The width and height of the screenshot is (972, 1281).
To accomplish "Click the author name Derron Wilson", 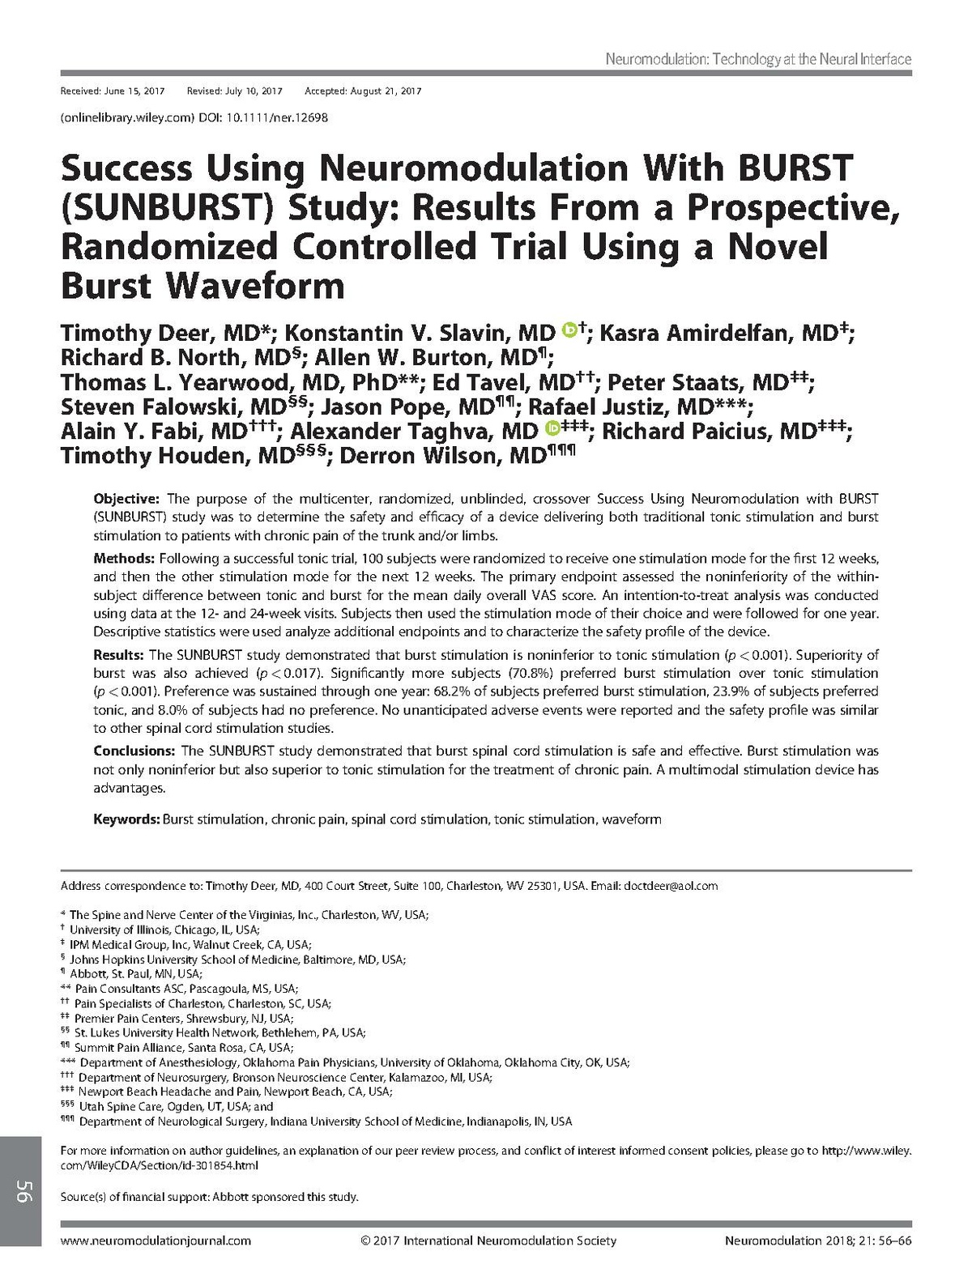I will [x=442, y=456].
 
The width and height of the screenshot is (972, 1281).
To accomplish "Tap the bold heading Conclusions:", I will [x=134, y=751].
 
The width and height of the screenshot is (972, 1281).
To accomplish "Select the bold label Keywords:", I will [x=126, y=819].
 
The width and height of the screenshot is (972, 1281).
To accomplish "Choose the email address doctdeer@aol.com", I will [x=671, y=886].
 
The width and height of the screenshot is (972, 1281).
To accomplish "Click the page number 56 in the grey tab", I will [x=22, y=1191].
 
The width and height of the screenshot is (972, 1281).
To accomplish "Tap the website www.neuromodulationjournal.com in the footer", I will [x=156, y=1241].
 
